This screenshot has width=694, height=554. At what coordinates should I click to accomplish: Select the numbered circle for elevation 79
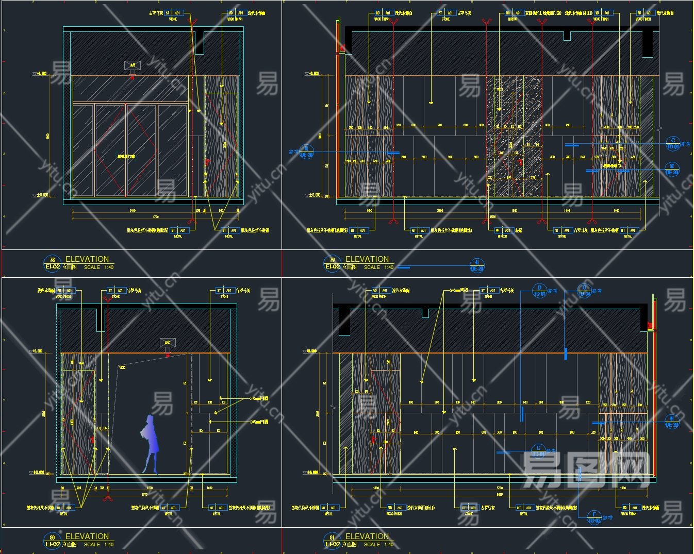click(332, 263)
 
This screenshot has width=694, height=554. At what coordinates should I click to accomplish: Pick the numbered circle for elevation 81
click(332, 541)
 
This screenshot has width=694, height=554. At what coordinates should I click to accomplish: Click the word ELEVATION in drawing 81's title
click(367, 536)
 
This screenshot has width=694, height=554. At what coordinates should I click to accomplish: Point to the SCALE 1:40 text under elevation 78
click(98, 267)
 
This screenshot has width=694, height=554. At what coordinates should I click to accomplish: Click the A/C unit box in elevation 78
click(133, 65)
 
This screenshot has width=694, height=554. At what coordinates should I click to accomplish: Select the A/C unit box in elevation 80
click(168, 343)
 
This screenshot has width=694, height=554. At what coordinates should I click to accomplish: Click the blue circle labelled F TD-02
click(594, 517)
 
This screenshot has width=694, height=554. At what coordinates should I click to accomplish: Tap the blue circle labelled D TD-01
click(539, 291)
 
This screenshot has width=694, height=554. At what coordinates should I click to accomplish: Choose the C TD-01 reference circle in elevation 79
click(672, 144)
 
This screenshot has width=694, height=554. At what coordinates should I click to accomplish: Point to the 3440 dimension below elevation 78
click(132, 211)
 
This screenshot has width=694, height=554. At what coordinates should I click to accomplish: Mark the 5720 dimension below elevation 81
click(499, 488)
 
